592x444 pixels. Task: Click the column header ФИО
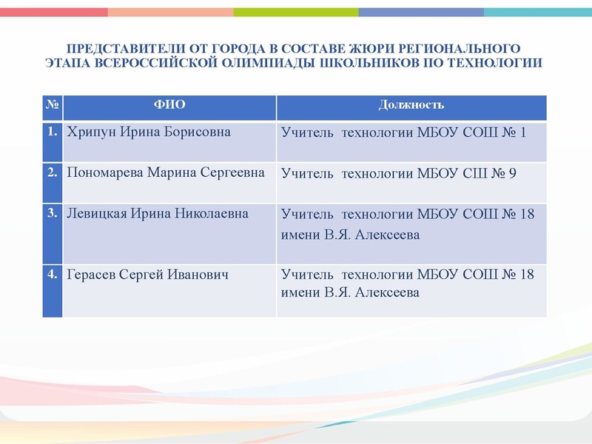pos(169,105)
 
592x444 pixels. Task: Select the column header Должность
pos(411,105)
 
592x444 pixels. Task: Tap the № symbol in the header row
pos(52,105)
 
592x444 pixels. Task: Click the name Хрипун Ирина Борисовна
pos(148,132)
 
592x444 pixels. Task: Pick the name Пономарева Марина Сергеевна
pos(165,173)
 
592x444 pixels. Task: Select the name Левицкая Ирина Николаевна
pos(157,214)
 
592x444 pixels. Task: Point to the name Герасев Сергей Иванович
pos(147,275)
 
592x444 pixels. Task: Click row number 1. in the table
pos(52,132)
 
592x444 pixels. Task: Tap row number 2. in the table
pos(52,172)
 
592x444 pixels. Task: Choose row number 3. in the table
pos(52,213)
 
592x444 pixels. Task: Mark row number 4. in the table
pos(52,274)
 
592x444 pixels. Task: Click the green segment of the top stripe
pos(296,12)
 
